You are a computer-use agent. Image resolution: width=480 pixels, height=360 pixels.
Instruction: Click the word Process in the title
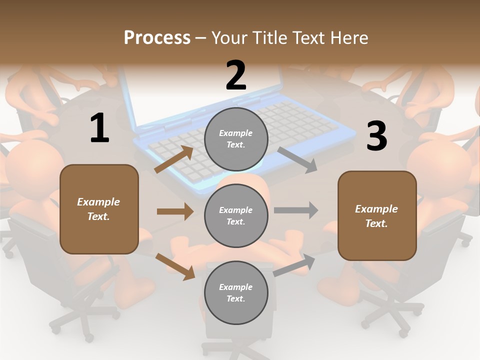pyautogui.click(x=157, y=38)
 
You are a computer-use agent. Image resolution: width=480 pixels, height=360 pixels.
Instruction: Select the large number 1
pyautogui.click(x=99, y=128)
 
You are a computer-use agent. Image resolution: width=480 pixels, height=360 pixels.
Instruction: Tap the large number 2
pyautogui.click(x=236, y=75)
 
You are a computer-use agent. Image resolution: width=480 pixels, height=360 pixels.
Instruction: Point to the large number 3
pyautogui.click(x=376, y=136)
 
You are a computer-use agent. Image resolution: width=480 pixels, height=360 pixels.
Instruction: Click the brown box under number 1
pyautogui.click(x=99, y=209)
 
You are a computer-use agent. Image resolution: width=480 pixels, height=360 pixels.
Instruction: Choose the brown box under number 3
pyautogui.click(x=377, y=216)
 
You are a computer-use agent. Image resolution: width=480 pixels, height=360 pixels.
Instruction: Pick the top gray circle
pyautogui.click(x=236, y=139)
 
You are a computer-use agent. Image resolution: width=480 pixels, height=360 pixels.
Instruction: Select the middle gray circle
pyautogui.click(x=236, y=216)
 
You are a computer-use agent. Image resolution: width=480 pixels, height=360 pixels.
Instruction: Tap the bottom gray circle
pyautogui.click(x=236, y=293)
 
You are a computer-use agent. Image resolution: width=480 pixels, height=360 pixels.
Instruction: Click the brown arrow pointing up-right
pyautogui.click(x=174, y=159)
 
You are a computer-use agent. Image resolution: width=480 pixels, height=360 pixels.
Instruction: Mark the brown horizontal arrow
pyautogui.click(x=174, y=211)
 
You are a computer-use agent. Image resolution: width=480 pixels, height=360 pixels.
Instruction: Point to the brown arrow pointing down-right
pyautogui.click(x=175, y=266)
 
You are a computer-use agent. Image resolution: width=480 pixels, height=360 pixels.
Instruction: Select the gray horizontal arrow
pyautogui.click(x=295, y=210)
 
